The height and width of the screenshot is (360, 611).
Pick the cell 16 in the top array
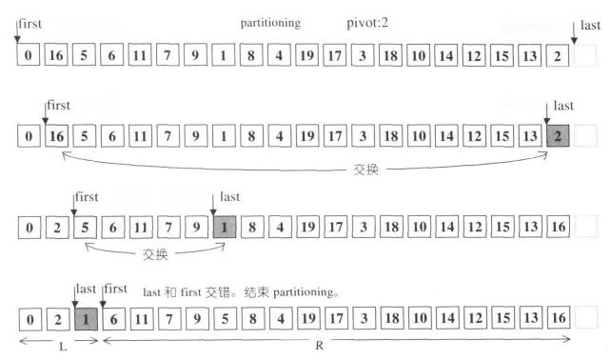(56, 55)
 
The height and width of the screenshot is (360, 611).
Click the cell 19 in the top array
(306, 55)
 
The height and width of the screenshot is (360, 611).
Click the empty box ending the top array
(587, 55)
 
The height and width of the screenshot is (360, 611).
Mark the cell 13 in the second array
(529, 137)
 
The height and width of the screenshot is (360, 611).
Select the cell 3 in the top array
(363, 55)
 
